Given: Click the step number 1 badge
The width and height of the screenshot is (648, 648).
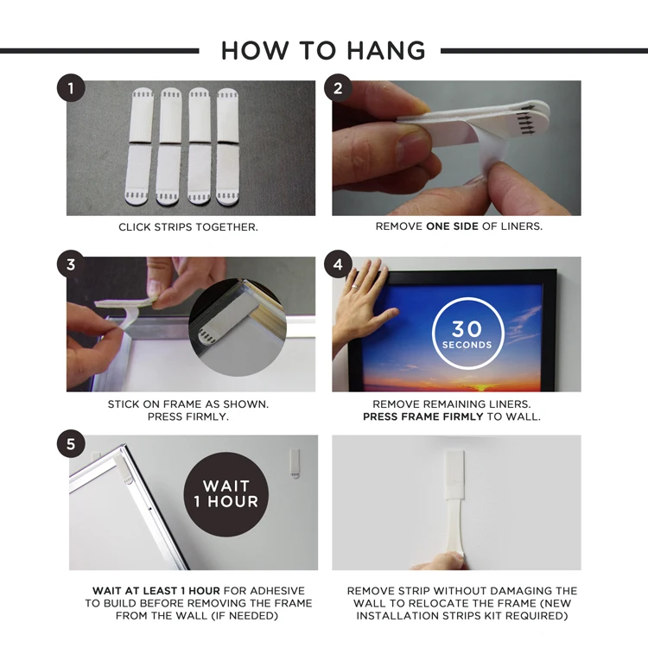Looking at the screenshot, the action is [71, 87].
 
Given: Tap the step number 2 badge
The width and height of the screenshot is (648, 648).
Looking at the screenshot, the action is [338, 87].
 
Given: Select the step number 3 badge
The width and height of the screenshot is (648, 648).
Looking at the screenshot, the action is [71, 264].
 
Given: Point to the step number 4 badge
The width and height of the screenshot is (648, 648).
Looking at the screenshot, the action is [338, 264].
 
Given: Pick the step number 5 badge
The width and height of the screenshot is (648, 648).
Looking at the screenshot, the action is [71, 444].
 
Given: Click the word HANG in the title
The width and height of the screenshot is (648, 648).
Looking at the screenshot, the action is [386, 51].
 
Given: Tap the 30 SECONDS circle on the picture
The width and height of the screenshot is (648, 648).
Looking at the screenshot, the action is [467, 334].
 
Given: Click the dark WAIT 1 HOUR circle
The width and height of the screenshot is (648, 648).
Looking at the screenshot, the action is [226, 494].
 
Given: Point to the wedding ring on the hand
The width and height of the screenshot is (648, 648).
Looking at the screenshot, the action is [355, 286].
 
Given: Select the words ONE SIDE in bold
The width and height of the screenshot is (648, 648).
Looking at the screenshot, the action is [452, 226].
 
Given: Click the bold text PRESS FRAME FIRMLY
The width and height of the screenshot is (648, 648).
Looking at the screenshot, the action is [422, 416].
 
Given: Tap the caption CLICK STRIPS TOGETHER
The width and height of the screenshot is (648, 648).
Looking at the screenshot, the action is [188, 227].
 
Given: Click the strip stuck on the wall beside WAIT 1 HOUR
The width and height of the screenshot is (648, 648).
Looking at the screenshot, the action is [295, 463].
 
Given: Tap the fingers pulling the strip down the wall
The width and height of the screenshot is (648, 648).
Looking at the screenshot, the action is [440, 561].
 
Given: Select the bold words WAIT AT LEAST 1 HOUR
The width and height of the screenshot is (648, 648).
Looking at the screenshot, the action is [156, 591].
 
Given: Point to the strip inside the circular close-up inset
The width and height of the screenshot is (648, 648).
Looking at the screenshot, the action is [227, 318].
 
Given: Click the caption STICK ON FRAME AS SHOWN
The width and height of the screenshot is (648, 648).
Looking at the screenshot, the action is [188, 403].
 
